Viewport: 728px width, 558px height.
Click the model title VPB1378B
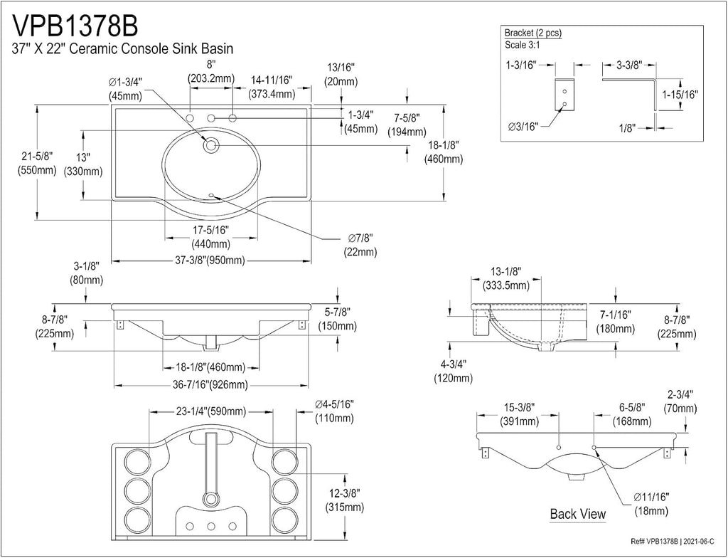75,26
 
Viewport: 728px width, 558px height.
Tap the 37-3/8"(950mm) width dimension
210,260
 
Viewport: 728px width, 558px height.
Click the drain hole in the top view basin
210,144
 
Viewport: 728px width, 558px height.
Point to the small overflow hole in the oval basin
211,195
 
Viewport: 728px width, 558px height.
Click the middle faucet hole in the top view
211,117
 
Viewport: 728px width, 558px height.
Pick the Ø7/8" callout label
360,238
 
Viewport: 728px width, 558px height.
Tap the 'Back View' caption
577,514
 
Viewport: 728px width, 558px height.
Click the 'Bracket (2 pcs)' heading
533,33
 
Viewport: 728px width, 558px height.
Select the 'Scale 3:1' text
523,46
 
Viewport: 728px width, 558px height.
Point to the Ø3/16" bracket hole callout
523,126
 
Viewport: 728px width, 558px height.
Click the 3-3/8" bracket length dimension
629,65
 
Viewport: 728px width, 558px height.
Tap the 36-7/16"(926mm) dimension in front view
210,385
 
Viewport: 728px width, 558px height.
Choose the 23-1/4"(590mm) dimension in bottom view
210,411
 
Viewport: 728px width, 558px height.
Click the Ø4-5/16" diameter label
334,404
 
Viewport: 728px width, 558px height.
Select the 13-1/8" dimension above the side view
506,271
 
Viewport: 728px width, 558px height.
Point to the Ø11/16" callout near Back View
651,498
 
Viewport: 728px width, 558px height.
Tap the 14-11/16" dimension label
272,80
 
